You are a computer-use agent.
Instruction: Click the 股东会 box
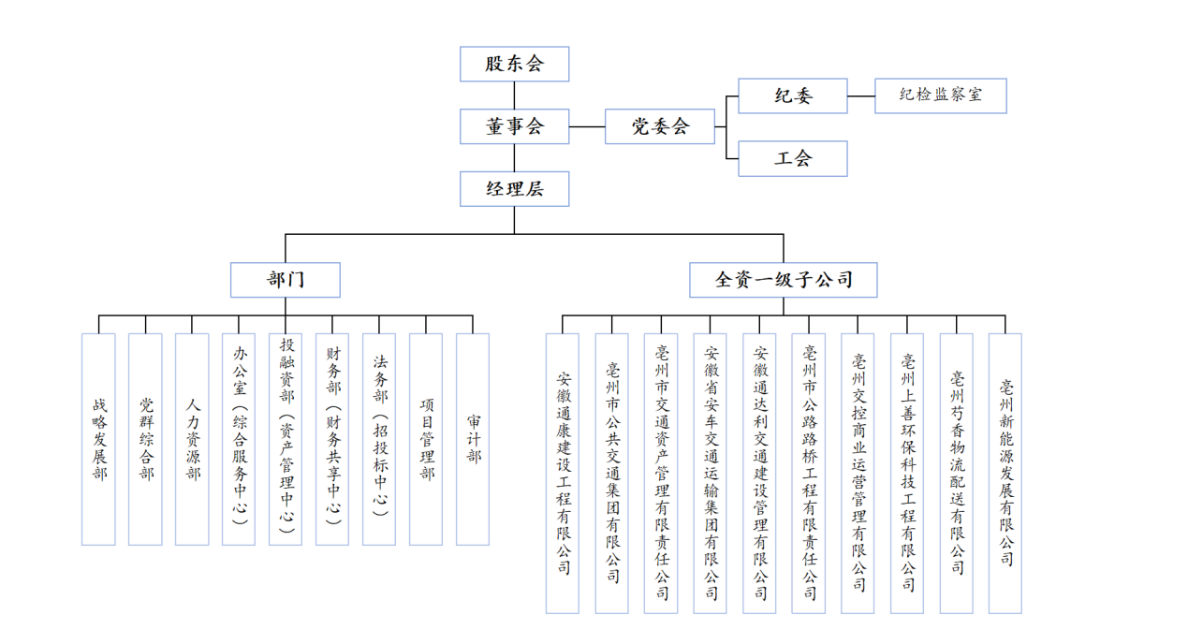514,65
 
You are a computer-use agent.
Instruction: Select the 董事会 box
514,126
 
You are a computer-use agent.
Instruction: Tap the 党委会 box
660,126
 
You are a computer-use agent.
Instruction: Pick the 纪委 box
793,95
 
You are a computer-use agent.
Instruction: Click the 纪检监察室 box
940,95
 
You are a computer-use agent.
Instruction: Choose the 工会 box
793,158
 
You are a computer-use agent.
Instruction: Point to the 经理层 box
514,189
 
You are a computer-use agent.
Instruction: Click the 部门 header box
286,280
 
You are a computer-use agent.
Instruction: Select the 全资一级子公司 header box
784,280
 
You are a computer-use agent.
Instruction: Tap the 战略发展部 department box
98,439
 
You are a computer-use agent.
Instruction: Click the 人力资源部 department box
192,439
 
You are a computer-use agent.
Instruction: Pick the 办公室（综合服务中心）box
239,439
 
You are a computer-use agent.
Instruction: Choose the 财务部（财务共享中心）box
332,439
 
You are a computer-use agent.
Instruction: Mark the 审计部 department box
473,439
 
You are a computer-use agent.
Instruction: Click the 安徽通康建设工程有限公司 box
563,473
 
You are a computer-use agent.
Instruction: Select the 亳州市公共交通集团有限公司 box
612,473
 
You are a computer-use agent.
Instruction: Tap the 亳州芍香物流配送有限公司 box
957,473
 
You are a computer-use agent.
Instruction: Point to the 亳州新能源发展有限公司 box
1005,473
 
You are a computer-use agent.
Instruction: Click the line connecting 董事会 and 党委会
587,126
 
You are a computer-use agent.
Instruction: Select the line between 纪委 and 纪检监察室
861,95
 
